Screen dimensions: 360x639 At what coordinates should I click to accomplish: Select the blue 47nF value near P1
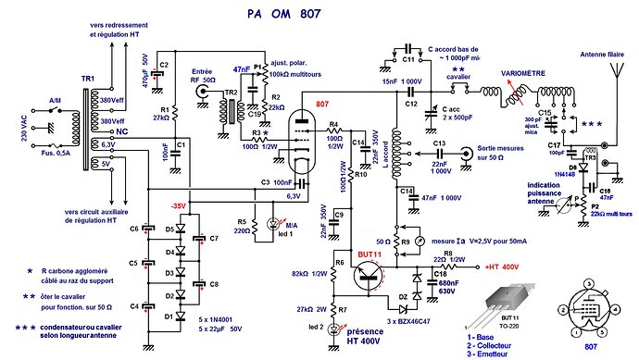pos(242,69)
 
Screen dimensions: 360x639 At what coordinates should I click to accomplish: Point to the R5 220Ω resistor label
pos(243,227)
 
